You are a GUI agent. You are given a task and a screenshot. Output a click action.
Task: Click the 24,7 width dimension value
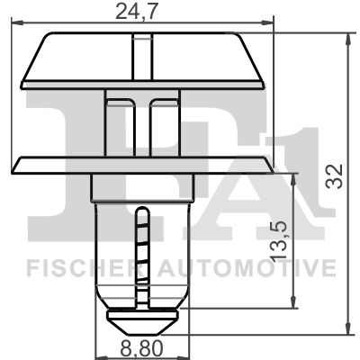click(136, 12)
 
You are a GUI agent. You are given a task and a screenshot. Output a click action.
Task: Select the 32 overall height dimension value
click(335, 176)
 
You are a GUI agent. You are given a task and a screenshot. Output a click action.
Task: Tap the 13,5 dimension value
click(277, 241)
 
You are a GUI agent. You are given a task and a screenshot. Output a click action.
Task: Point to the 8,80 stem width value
click(141, 348)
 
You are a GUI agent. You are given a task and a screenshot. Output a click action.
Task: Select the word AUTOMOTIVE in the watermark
click(247, 268)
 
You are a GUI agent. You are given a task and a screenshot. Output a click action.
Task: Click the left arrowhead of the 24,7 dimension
click(17, 22)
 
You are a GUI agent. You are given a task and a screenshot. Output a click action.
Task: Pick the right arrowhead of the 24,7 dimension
click(267, 22)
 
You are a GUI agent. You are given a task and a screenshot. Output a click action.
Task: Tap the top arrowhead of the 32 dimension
click(348, 39)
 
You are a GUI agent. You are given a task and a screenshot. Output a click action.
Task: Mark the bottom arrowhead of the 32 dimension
click(348, 328)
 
